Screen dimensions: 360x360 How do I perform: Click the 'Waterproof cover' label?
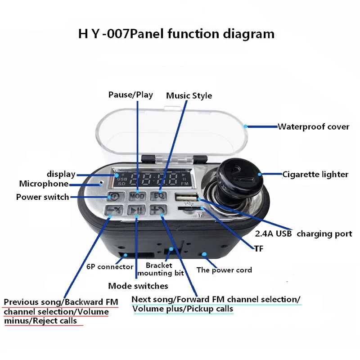coord(313,126)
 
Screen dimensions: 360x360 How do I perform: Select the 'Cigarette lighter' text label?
coord(315,174)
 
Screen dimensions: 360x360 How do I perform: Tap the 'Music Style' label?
coord(189,95)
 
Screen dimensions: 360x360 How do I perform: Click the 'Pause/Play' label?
coord(130,94)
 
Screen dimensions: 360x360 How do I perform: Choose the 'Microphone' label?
coord(44,184)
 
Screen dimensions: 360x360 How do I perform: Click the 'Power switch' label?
coord(43,197)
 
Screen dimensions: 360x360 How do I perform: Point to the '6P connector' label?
coord(110,267)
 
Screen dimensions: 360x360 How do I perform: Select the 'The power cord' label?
coord(224,270)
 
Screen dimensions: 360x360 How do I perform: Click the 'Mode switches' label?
coord(138,286)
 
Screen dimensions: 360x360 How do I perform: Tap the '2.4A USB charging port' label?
coord(303,234)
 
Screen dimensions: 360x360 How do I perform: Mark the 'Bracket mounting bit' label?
coord(161,269)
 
